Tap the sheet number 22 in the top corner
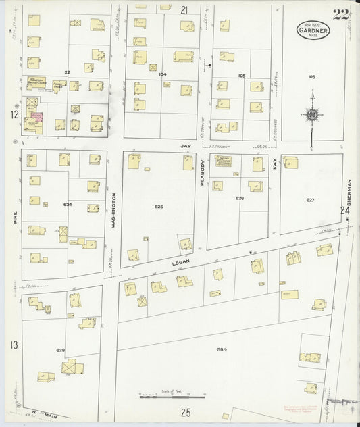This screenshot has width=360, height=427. (342, 14)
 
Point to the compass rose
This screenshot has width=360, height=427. (311, 115)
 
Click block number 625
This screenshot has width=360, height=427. (159, 206)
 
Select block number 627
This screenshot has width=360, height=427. (310, 200)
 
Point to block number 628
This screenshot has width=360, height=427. (61, 350)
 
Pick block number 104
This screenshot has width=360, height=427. (162, 74)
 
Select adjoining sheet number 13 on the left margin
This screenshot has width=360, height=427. (13, 345)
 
